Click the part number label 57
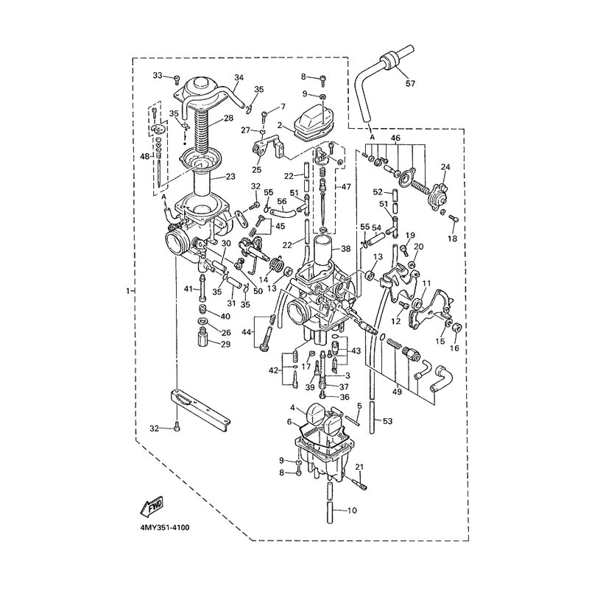click(409, 83)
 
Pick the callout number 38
click(346, 249)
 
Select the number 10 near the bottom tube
click(351, 509)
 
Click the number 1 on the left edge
click(129, 292)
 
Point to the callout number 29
click(225, 345)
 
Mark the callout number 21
click(359, 468)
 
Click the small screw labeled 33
click(177, 77)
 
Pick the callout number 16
click(454, 348)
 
